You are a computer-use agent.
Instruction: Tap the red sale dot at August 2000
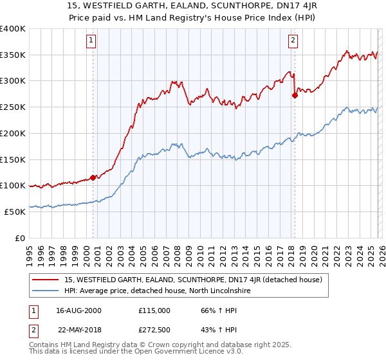(x=93, y=177)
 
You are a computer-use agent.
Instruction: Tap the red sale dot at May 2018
(x=295, y=95)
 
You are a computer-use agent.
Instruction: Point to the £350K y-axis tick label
(x=13, y=55)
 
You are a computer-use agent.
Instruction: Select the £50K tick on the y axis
(x=15, y=212)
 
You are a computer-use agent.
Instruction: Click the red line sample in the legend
(x=46, y=280)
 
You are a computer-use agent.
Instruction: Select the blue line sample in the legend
(x=46, y=291)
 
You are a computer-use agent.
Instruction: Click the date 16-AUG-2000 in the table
(x=79, y=310)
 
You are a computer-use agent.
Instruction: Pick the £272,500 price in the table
(x=154, y=328)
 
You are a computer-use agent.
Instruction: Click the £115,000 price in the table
(x=154, y=310)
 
